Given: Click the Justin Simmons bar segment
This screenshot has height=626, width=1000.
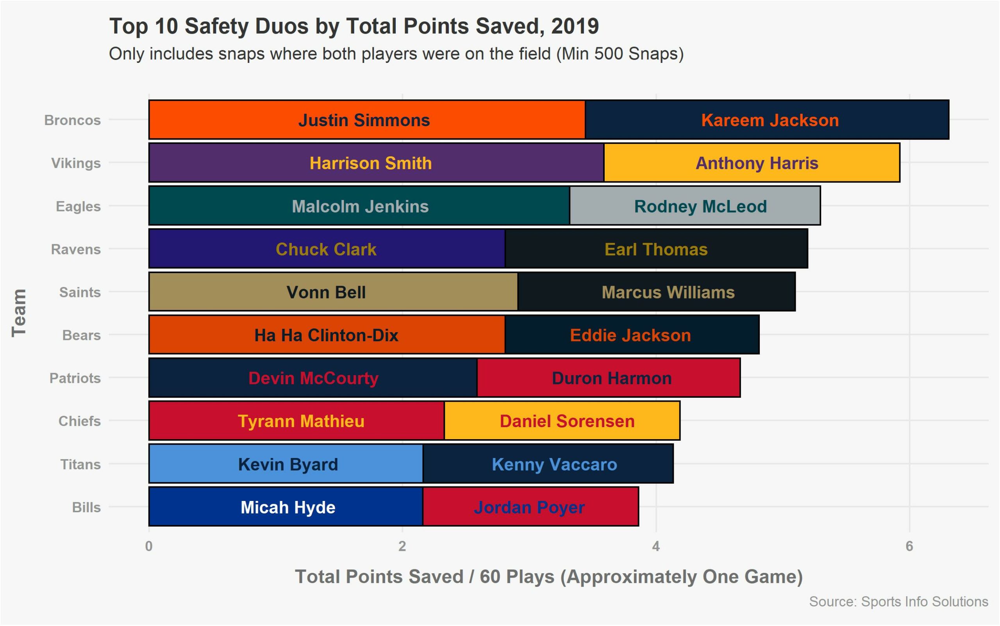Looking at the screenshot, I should click(x=366, y=120).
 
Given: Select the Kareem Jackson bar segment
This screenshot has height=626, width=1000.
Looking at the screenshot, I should click(x=766, y=120).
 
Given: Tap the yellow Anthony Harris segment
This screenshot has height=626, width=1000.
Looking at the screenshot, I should click(x=752, y=163).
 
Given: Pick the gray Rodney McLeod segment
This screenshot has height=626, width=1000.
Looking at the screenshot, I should click(x=695, y=206).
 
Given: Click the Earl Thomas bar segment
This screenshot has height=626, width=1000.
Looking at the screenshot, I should click(x=656, y=249).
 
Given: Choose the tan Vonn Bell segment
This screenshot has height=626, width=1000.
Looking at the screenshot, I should click(x=333, y=292).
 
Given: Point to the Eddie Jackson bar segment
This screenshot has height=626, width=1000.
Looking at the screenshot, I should click(x=632, y=335).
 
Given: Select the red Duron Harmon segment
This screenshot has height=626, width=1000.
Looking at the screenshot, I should click(x=609, y=378).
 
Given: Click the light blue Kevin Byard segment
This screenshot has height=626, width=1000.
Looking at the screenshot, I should click(x=286, y=464).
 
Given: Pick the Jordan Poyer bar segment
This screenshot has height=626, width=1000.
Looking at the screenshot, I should click(x=530, y=507).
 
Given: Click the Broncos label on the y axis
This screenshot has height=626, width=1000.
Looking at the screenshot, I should click(x=72, y=120).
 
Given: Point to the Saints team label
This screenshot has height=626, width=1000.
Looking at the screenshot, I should click(x=80, y=292).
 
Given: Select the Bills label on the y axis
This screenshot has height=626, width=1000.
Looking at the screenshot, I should click(x=86, y=508).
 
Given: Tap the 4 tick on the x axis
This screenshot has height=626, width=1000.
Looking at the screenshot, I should click(x=655, y=547).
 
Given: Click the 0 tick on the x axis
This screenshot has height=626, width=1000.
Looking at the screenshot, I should click(x=149, y=547).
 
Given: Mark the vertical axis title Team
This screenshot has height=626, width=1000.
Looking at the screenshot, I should click(x=19, y=313).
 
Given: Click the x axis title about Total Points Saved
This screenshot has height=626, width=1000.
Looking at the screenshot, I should click(x=548, y=577).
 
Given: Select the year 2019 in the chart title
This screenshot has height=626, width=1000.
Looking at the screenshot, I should click(x=575, y=26).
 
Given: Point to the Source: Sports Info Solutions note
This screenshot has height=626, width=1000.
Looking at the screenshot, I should click(x=898, y=601).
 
